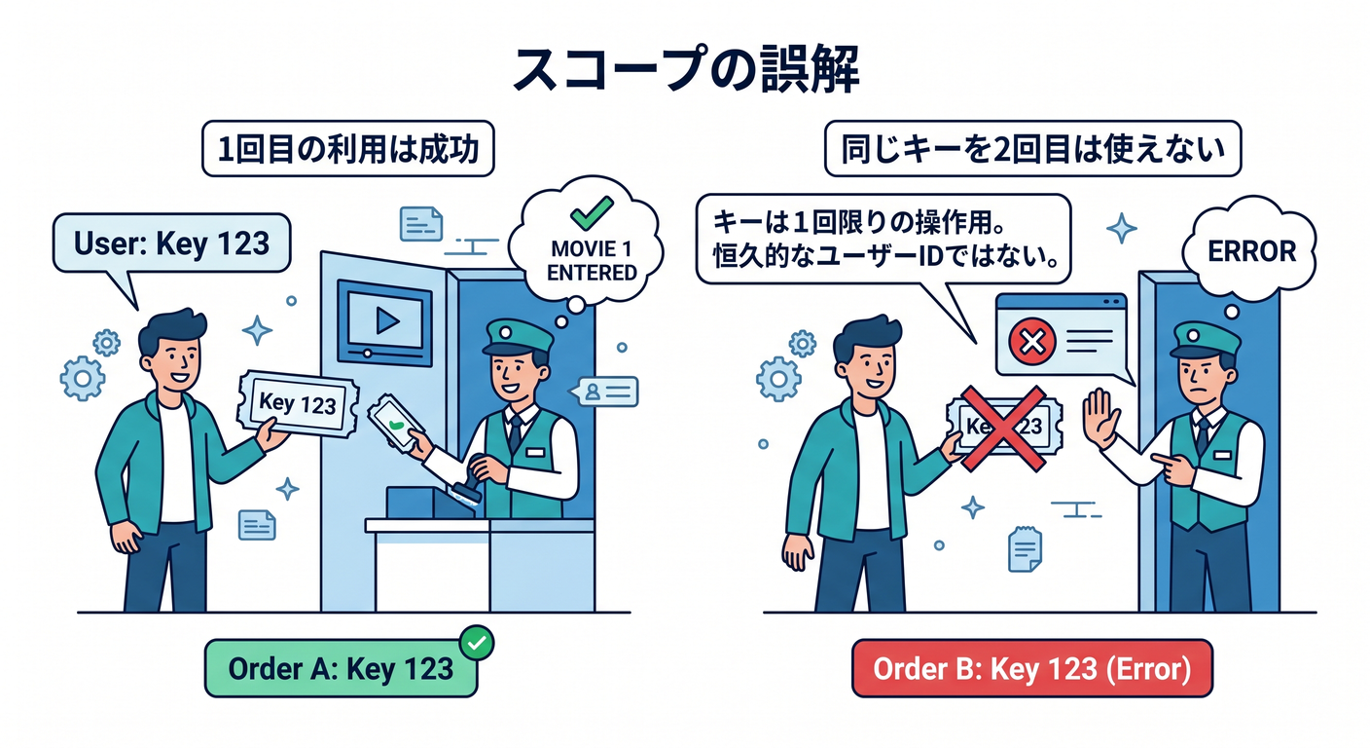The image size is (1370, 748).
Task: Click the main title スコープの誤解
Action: [x=686, y=68]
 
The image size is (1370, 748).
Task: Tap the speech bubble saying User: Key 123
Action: [x=171, y=243]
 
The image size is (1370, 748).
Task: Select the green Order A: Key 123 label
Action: [x=341, y=668]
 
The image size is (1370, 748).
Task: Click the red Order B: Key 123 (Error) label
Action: [x=1031, y=668]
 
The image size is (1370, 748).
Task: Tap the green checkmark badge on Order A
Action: [x=477, y=642]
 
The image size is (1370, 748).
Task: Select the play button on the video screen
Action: [x=387, y=320]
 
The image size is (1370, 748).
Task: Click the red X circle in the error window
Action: [x=1032, y=341]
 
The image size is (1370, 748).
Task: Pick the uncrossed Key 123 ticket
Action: [x=298, y=403]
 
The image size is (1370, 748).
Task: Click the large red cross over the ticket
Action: [x=1002, y=428]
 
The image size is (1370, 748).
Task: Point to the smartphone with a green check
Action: [x=396, y=423]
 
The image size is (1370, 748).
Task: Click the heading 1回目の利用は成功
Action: [x=348, y=149]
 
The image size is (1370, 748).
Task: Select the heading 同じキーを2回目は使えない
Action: [x=1033, y=149]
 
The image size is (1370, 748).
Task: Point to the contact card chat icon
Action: [x=604, y=392]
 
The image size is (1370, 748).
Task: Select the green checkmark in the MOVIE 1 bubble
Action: [x=592, y=212]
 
